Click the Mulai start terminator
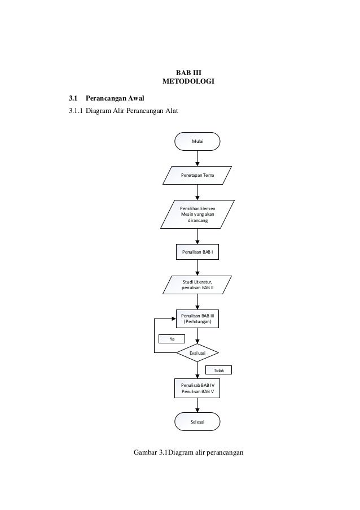point(197,141)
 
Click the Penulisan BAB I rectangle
point(197,252)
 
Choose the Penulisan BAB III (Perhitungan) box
point(197,318)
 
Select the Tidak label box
point(218,370)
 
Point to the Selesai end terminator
point(197,421)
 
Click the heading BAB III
point(188,72)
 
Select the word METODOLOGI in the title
point(188,82)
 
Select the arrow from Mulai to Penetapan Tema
point(197,158)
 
